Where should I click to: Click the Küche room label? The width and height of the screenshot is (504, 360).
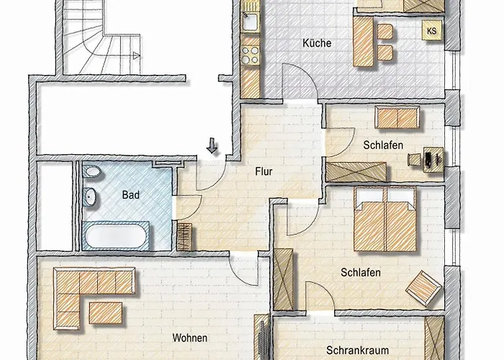click(317, 43)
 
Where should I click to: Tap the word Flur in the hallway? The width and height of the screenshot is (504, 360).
click(264, 171)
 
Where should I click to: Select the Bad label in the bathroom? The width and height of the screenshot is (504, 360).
click(131, 195)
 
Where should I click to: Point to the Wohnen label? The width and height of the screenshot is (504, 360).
click(189, 338)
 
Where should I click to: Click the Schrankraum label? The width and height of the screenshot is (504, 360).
click(357, 350)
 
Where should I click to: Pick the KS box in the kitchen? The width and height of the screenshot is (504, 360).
click(432, 30)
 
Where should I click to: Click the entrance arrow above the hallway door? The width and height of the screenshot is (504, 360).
click(212, 145)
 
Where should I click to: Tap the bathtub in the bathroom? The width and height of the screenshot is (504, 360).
click(116, 236)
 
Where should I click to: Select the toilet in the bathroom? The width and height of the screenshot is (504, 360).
click(91, 171)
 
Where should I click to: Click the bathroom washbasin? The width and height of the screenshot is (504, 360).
click(89, 197)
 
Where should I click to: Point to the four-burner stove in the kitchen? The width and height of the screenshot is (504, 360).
click(250, 55)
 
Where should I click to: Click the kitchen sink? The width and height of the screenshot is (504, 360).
click(250, 21)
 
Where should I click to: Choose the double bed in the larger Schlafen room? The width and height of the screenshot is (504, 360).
click(385, 220)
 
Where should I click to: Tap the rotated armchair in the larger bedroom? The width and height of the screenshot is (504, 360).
click(423, 288)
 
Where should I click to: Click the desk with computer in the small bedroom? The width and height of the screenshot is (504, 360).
click(433, 159)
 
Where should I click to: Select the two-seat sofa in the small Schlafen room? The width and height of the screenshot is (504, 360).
click(397, 117)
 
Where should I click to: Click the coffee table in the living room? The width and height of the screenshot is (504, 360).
click(106, 313)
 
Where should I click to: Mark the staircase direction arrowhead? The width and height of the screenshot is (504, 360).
click(136, 56)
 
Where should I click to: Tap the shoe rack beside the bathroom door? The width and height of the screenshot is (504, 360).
click(184, 237)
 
